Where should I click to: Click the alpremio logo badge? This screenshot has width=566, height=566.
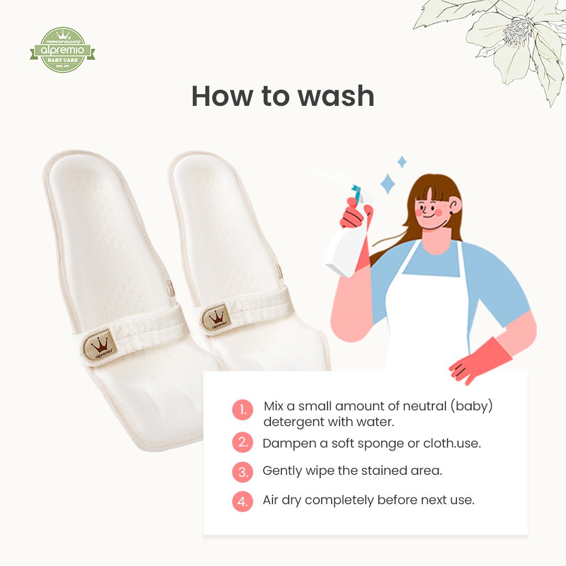(x=62, y=50)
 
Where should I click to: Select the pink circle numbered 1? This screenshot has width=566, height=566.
(x=243, y=410)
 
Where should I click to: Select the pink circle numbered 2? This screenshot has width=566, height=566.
(x=243, y=442)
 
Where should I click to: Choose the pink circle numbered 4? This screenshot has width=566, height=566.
(x=243, y=501)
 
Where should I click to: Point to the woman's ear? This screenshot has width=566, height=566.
(x=455, y=204)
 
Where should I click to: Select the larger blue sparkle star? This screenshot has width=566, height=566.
(x=387, y=184)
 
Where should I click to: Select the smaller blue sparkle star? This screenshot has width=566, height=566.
(x=402, y=161)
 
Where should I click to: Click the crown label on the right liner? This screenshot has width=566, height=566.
(x=216, y=318)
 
